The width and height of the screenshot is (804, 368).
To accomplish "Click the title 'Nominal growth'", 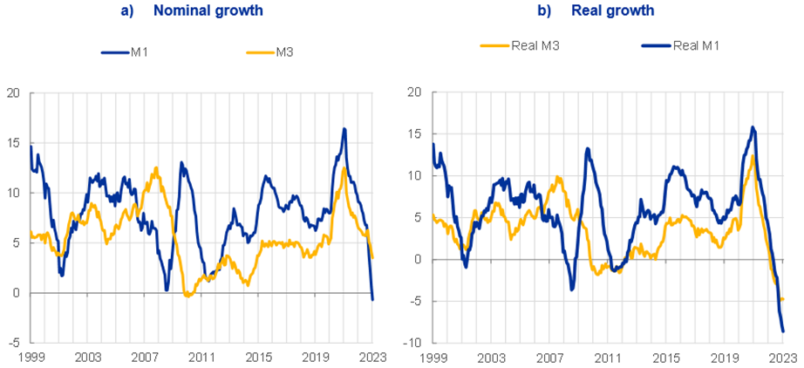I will (x=208, y=10).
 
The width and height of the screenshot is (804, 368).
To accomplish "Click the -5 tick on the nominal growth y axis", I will (x=14, y=344).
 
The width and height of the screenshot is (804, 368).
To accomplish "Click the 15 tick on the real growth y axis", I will (x=414, y=133).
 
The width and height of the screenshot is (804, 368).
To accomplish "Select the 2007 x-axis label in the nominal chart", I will (x=144, y=358).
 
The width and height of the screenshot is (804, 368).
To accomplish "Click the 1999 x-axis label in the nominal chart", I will (x=31, y=358).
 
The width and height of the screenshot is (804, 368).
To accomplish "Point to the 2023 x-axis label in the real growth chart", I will (x=782, y=358).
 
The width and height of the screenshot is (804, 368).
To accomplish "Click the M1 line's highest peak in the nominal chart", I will (x=344, y=129).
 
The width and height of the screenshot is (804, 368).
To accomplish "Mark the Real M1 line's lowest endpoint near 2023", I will (x=783, y=331).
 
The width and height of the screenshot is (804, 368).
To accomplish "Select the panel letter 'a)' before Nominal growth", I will (x=126, y=10).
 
